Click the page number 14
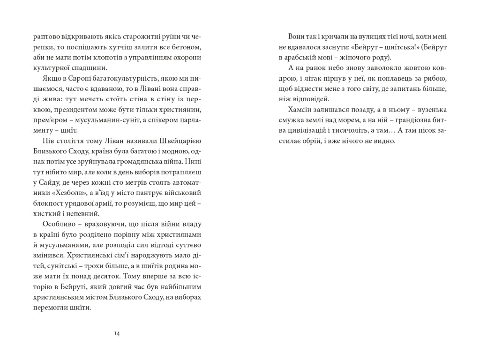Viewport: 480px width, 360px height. [x=117, y=333]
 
